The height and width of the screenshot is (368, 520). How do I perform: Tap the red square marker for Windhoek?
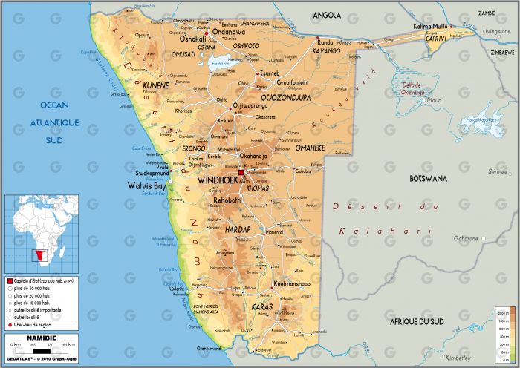241,171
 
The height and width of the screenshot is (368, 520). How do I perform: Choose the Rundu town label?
305,43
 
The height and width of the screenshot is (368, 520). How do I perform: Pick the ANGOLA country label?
327,15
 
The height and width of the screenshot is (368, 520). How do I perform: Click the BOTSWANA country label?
429,179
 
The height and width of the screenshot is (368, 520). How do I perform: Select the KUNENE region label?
155,85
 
